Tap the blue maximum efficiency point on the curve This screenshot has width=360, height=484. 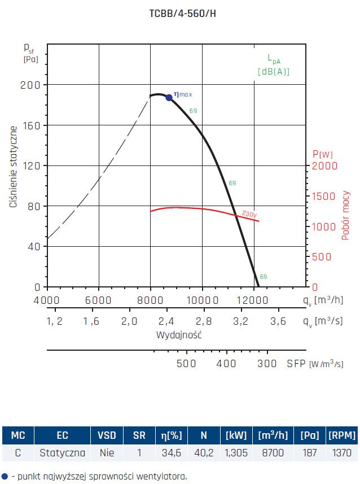click(x=169, y=97)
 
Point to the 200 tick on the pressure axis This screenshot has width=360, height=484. click(x=34, y=85)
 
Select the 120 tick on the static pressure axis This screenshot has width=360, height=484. click(x=34, y=165)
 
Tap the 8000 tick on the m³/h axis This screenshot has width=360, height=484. click(x=151, y=299)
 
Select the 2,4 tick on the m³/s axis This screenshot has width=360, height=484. click(x=166, y=321)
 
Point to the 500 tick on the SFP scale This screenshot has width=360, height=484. click(x=187, y=363)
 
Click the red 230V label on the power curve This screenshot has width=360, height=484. click(x=249, y=213)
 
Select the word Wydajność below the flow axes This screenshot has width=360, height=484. click(x=179, y=335)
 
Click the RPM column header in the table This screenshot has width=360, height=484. click(x=342, y=435)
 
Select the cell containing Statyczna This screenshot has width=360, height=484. click(x=62, y=452)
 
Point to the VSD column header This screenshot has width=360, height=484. click(x=107, y=435)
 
